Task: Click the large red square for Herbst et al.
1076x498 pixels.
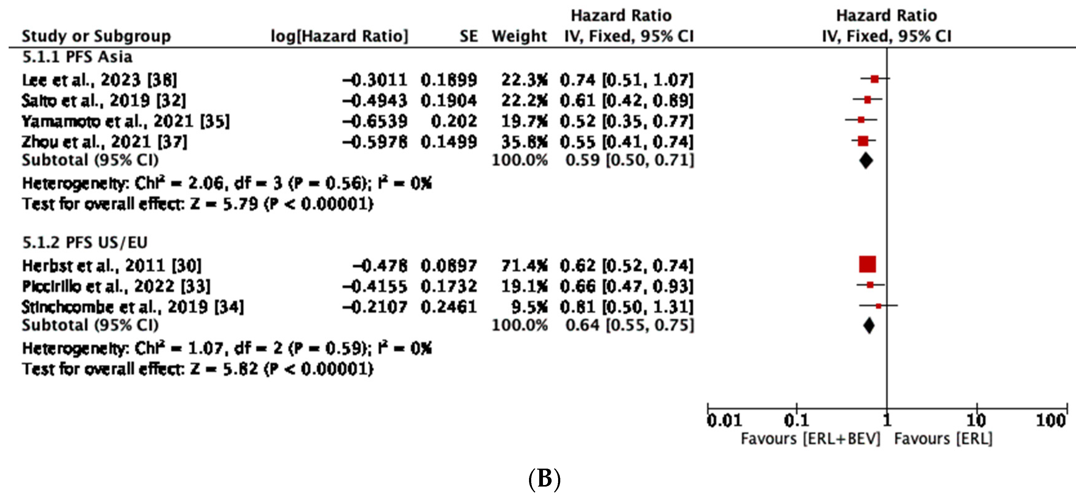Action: pyautogui.click(x=867, y=264)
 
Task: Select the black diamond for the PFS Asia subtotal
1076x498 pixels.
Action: pyautogui.click(x=866, y=161)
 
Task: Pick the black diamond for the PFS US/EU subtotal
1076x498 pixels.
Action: pyautogui.click(x=869, y=326)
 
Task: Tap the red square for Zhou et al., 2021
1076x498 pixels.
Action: pyautogui.click(x=863, y=141)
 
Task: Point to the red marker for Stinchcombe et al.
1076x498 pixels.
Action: pyautogui.click(x=878, y=306)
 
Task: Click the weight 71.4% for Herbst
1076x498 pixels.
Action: pyautogui.click(x=524, y=266)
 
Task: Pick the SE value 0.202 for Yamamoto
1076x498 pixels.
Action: pyautogui.click(x=454, y=121)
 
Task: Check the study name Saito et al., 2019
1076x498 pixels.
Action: pyautogui.click(x=104, y=100)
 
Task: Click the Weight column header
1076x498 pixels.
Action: pyautogui.click(x=519, y=36)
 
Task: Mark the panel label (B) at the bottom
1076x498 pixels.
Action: pyautogui.click(x=544, y=479)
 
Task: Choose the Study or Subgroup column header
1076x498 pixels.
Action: pyautogui.click(x=96, y=36)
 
